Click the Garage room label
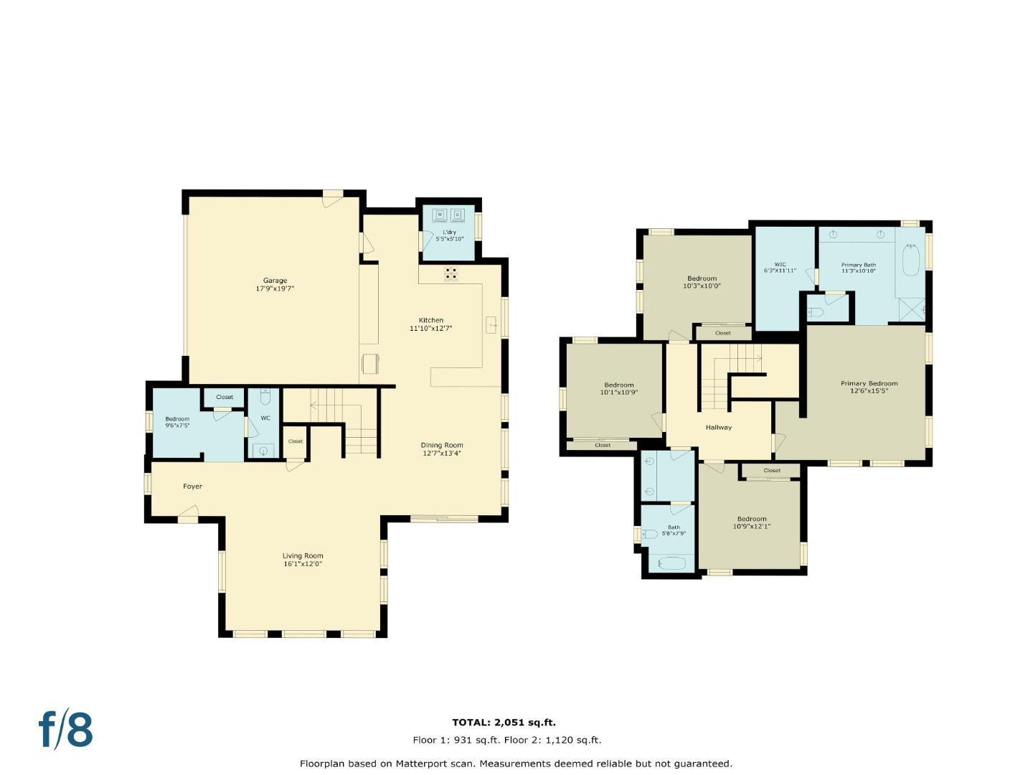(275, 281)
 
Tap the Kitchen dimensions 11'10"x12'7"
(430, 329)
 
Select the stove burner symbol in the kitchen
(451, 273)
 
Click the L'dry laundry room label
(449, 232)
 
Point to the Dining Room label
(442, 445)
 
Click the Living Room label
(303, 555)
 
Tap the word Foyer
(192, 487)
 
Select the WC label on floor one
(265, 418)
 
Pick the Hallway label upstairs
(718, 428)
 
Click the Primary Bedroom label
(869, 383)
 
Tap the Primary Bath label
(858, 265)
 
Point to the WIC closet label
(780, 265)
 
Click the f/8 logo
(66, 730)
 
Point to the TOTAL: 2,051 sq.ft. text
(504, 723)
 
